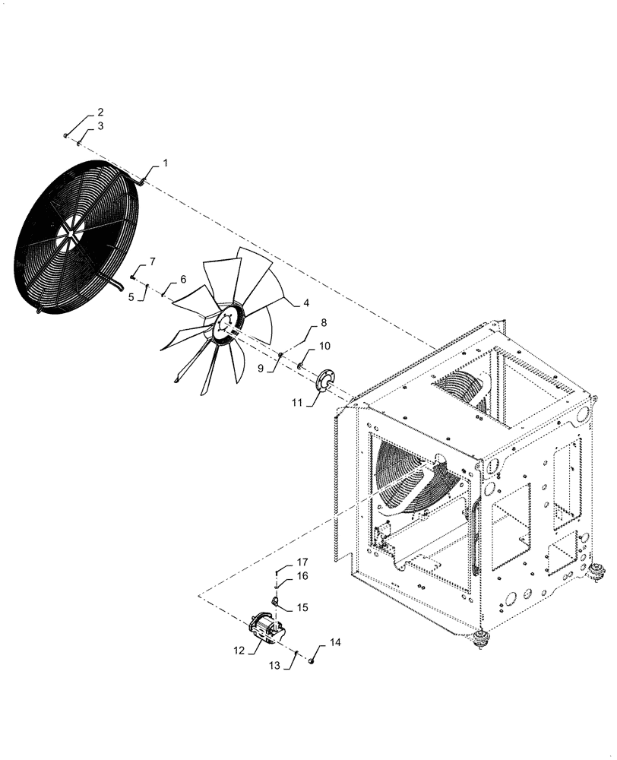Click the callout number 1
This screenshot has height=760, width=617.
[x=166, y=163]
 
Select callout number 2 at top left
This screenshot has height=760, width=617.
[x=100, y=112]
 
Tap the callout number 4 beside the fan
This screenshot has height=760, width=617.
[x=306, y=302]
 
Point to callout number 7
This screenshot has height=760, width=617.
[x=152, y=261]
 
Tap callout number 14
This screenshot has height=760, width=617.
[x=336, y=642]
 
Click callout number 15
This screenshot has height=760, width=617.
[x=302, y=607]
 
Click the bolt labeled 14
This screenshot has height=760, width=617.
[x=312, y=662]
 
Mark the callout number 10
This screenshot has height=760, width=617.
[x=324, y=346]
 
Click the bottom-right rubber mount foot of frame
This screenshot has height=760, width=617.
[x=597, y=570]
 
